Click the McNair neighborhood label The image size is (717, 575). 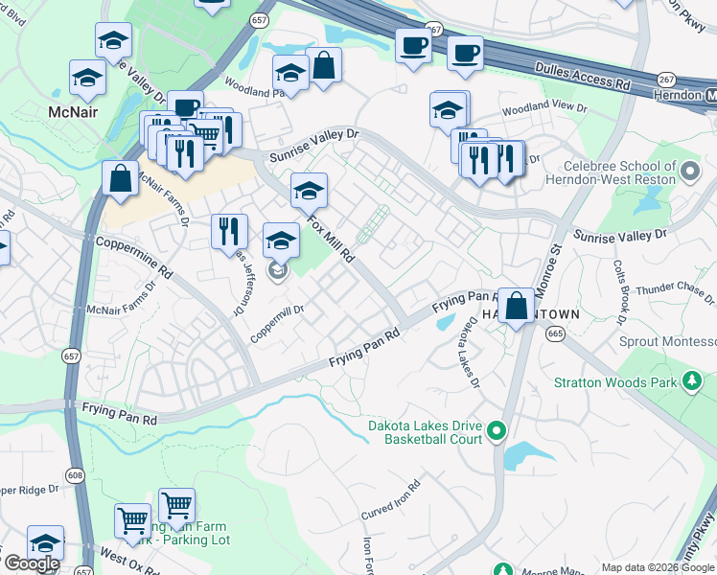pyautogui.click(x=74, y=112)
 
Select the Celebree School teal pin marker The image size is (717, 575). pyautogui.click(x=690, y=172)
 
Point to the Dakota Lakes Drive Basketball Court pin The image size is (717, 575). pyautogui.click(x=497, y=431)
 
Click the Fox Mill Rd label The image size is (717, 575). pyautogui.click(x=332, y=239)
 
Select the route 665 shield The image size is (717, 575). pyautogui.click(x=556, y=333)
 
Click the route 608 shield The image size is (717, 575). pyautogui.click(x=75, y=474)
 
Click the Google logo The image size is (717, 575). pyautogui.click(x=32, y=563)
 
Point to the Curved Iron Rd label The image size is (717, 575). pyautogui.click(x=391, y=502)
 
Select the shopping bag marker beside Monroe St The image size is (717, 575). pyautogui.click(x=516, y=307)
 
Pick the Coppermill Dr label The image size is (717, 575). pyautogui.click(x=278, y=323)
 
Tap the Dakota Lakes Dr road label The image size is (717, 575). pyautogui.click(x=473, y=354)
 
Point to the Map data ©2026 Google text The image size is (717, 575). pyautogui.click(x=658, y=567)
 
